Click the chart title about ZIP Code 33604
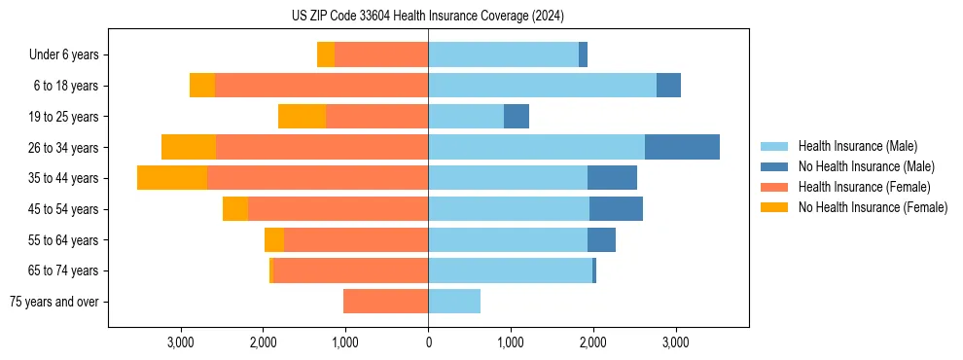[x=427, y=17]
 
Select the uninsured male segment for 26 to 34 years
[x=682, y=147]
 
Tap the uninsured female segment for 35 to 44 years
[x=172, y=178]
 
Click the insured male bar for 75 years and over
[x=454, y=302]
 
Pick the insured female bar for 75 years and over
[x=385, y=302]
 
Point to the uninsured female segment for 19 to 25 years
[x=302, y=117]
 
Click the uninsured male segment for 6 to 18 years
[x=668, y=86]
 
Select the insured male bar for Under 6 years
[x=503, y=54]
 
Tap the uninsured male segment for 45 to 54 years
[x=616, y=209]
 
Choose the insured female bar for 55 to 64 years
[x=356, y=240]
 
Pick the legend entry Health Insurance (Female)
[x=864, y=187]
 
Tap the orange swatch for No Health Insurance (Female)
[x=773, y=207]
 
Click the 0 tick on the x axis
[x=428, y=342]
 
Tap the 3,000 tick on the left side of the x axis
[x=181, y=342]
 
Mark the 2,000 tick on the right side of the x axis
[x=592, y=342]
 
